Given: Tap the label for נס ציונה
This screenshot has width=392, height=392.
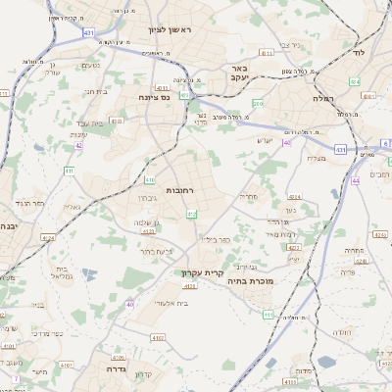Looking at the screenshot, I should coord(155,97).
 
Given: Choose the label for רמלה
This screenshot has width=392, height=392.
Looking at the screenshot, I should coord(324,99).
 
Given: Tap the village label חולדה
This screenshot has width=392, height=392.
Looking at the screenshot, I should coord(342,332).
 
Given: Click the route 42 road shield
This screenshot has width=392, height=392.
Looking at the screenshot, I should coord(78,145).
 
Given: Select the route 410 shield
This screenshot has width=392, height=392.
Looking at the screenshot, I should coord(150,180).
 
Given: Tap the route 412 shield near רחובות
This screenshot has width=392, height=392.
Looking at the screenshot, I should coord(191,214).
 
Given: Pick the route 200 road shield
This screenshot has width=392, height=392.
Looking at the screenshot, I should coord(258,103).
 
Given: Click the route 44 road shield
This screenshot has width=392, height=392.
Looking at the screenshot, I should coord(355,180).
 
